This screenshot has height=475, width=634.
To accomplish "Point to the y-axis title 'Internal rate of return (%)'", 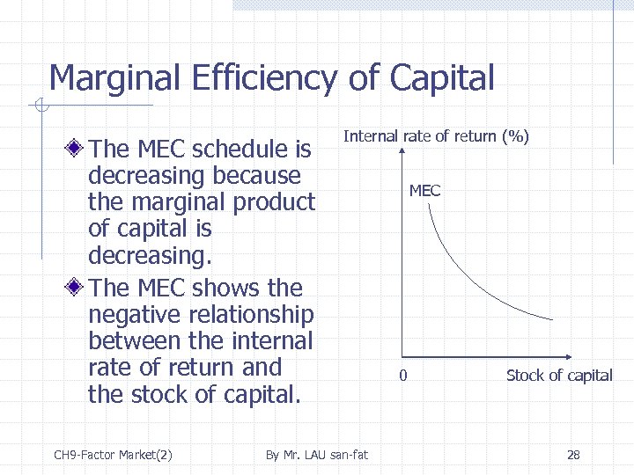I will (436, 136).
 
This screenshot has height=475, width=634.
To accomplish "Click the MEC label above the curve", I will (424, 191).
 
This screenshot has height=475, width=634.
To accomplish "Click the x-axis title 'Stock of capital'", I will (559, 376).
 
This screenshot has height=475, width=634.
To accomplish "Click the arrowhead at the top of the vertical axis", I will (401, 152).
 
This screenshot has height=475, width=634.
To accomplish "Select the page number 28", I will (573, 455).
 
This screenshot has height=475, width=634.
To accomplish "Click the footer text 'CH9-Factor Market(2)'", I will (113, 455).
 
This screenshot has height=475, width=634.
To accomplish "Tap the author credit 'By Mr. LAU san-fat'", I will (317, 455).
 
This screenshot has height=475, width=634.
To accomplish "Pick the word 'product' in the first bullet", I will (274, 201).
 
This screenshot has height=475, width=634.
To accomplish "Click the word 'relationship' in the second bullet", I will (254, 315).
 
